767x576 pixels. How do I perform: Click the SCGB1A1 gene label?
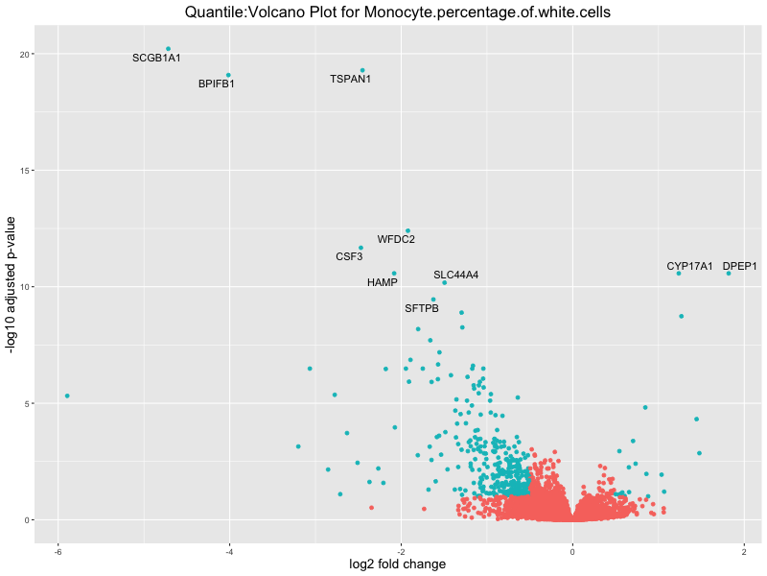pos(156,59)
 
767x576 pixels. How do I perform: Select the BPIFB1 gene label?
pos(217,84)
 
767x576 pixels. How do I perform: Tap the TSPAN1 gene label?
pos(350,79)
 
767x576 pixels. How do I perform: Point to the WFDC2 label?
pos(396,239)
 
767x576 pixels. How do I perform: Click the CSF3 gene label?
pos(349,257)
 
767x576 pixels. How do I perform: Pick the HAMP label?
pos(382,283)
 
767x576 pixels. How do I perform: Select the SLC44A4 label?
pos(455,276)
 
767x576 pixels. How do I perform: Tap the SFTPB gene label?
pos(422,309)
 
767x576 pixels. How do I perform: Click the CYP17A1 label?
pos(689,266)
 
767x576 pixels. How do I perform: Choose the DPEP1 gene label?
pos(740,266)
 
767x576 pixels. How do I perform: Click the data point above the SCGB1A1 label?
pos(168,49)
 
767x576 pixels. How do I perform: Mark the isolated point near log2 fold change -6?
pos(67,396)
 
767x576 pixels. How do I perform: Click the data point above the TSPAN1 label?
pos(362,70)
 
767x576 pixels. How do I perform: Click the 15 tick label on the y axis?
pos(29,171)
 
